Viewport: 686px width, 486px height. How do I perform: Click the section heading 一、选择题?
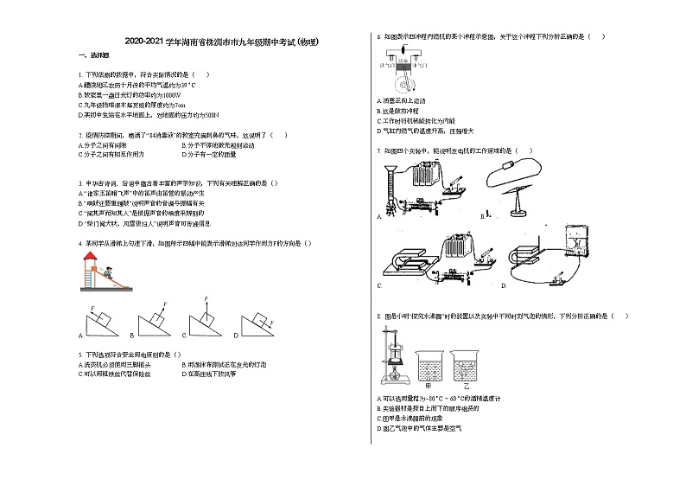[88, 55]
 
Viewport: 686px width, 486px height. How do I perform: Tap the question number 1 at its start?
[79, 75]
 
